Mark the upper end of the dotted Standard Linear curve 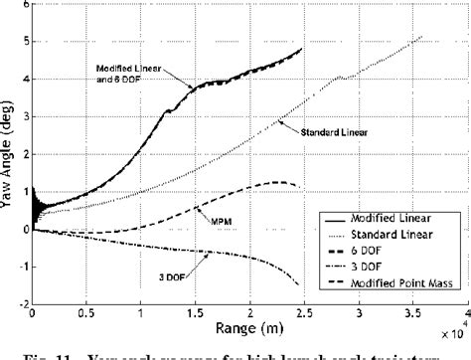pyautogui.click(x=423, y=36)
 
